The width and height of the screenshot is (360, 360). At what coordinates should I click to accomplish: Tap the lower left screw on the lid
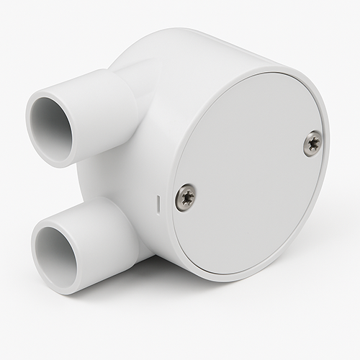(x=186, y=197)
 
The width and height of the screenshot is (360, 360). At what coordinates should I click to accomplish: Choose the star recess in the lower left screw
(x=186, y=197)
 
